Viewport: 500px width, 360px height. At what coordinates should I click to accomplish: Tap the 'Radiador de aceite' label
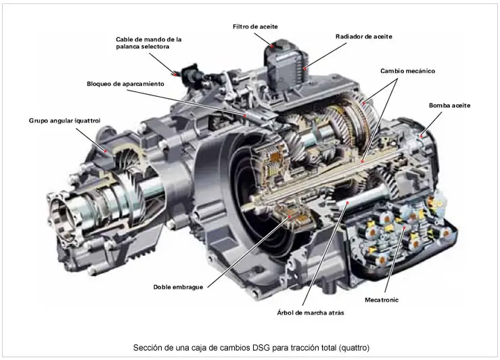(x=363, y=37)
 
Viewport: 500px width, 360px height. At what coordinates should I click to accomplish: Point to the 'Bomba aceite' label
(x=449, y=106)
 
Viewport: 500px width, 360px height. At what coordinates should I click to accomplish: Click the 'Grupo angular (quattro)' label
(x=64, y=120)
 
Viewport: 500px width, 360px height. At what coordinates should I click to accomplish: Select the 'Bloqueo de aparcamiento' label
(x=126, y=84)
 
